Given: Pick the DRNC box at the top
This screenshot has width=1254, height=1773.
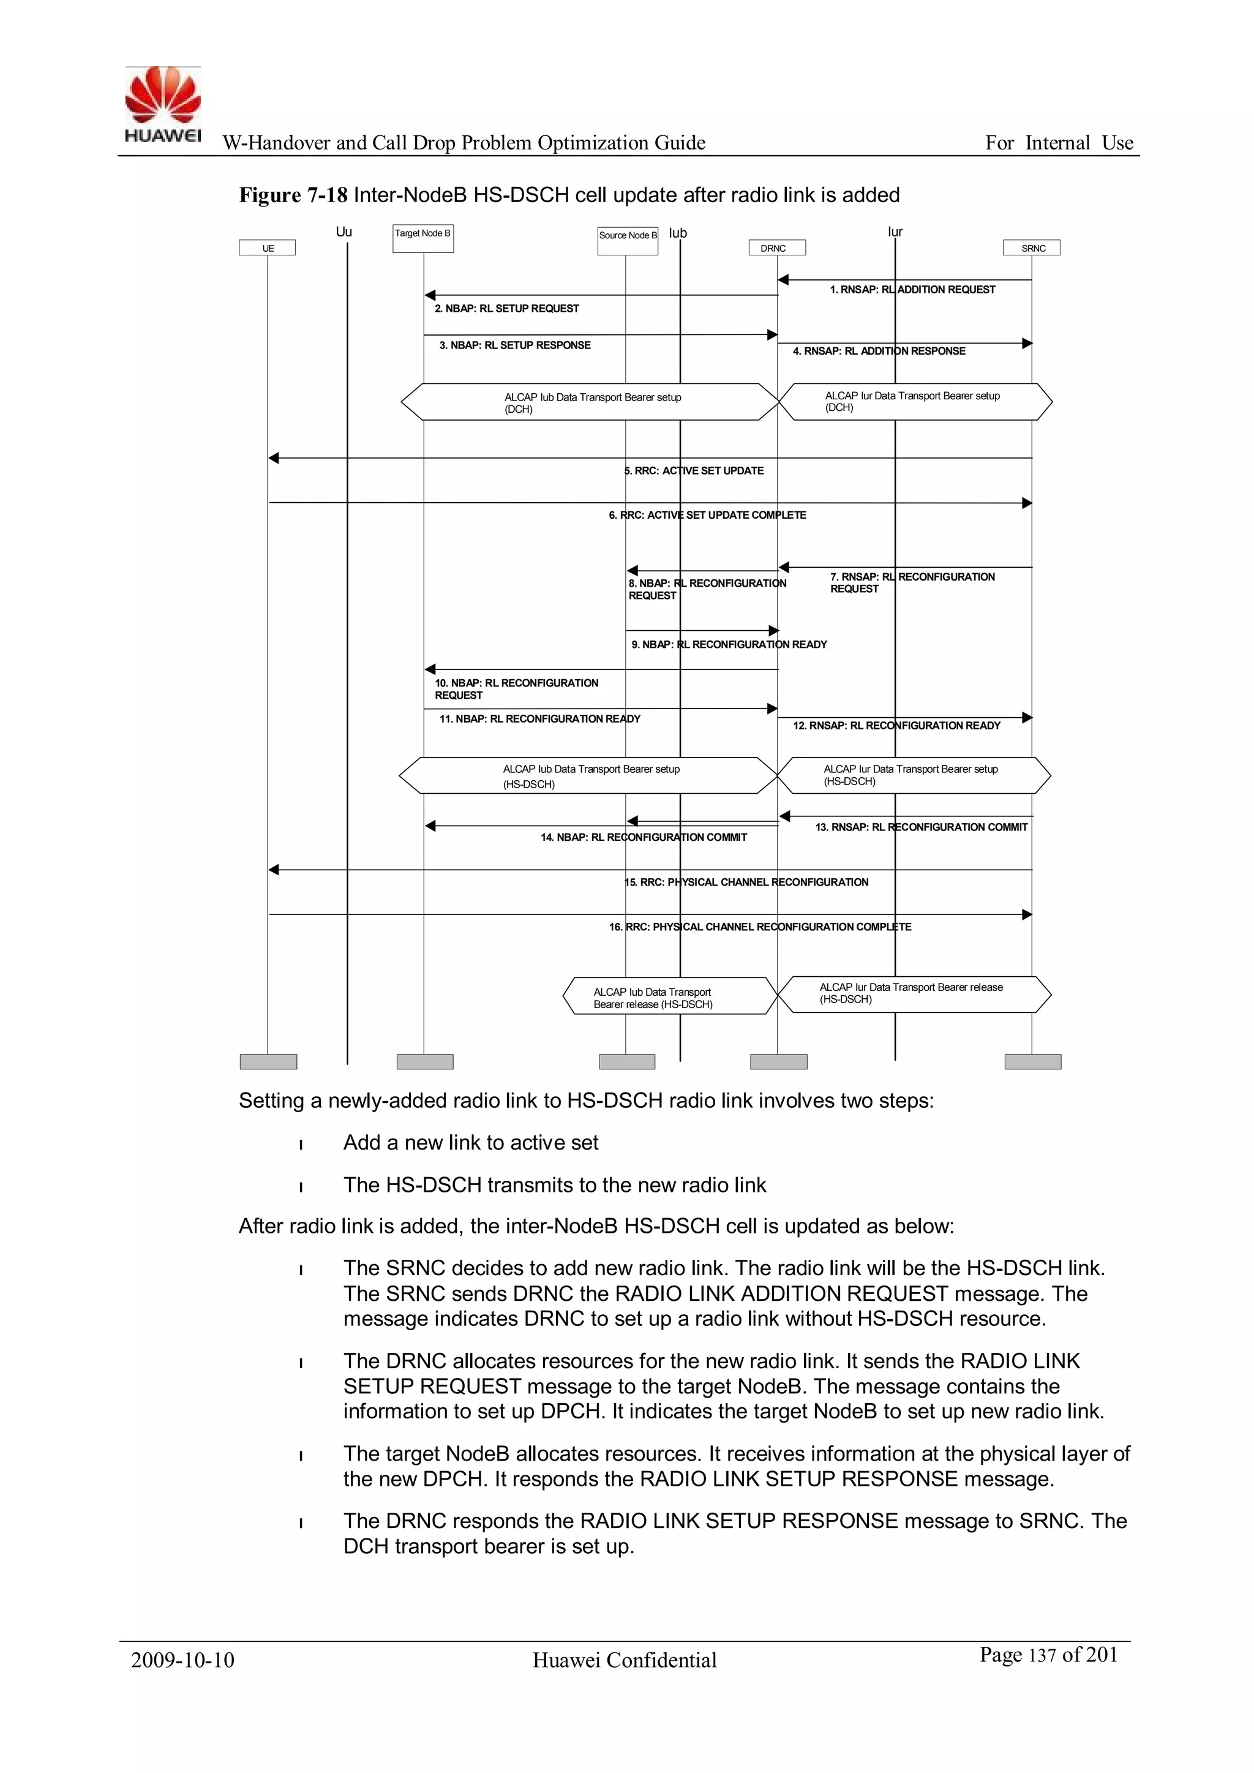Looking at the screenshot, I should point(777,248).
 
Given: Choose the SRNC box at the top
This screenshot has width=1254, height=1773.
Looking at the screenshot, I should point(1032,248).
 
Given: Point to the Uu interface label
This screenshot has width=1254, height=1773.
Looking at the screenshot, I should point(344,232).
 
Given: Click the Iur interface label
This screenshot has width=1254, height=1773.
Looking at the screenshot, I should point(895,232).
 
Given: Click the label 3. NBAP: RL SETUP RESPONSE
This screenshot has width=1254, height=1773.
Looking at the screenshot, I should point(514,345).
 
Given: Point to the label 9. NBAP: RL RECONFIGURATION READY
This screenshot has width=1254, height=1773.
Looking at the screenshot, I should point(729,644).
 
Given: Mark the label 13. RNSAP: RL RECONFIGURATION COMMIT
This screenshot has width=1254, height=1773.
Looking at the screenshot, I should point(921,827).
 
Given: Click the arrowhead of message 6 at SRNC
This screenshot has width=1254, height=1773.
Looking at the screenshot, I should point(1027,503).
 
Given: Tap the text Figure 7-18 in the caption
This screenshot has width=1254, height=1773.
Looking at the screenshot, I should point(293,195).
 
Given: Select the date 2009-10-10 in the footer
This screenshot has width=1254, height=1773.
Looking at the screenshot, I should point(182,1660).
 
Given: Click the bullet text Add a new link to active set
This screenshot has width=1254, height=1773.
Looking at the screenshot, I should point(470,1143).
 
